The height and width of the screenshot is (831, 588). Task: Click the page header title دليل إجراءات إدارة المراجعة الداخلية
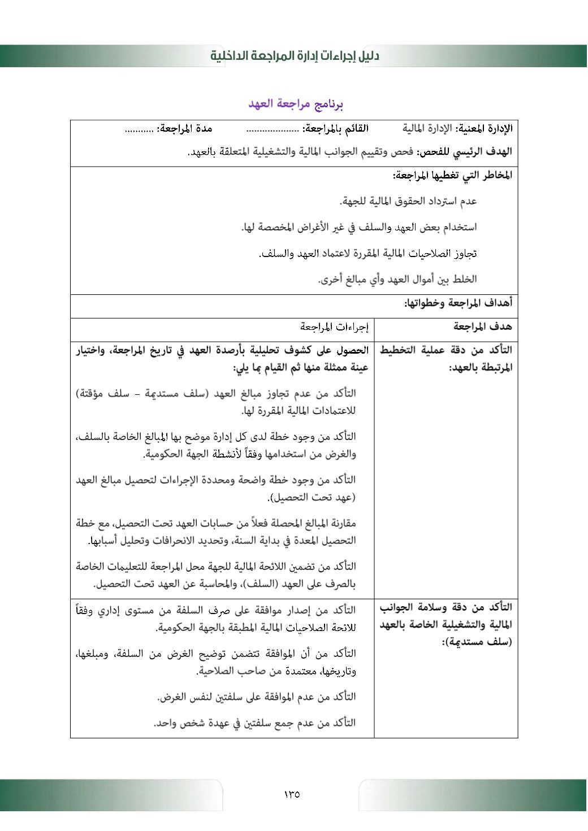point(295,56)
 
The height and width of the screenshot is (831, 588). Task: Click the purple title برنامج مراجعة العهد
point(296,104)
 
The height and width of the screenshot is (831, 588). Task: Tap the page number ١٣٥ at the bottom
point(292,794)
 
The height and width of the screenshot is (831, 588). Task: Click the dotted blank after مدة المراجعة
point(139,129)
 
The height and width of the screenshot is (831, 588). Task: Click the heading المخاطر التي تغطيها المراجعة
point(453,176)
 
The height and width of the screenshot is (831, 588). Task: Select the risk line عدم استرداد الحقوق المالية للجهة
point(408,201)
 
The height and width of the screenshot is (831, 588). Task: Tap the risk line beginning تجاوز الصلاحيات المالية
point(367,254)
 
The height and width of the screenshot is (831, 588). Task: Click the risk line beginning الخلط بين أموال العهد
point(397,279)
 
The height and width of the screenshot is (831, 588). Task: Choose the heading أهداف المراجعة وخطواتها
point(458,303)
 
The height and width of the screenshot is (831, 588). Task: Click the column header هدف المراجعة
point(483,327)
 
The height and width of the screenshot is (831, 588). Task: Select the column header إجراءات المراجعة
point(334,327)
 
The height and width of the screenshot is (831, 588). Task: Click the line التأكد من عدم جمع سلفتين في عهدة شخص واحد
point(254,723)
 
